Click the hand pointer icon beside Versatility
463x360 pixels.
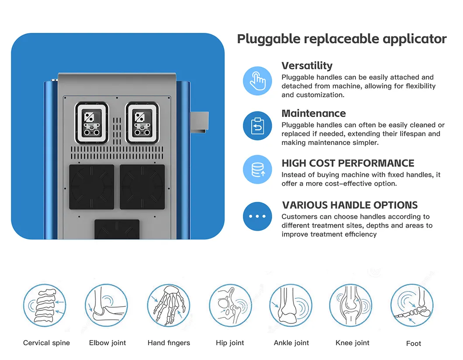click(x=257, y=81)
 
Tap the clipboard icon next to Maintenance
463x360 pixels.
click(x=257, y=125)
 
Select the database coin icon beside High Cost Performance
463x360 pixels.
click(x=257, y=170)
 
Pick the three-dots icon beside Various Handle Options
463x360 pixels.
click(x=257, y=216)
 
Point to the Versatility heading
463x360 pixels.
click(x=307, y=66)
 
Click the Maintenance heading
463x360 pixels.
click(x=314, y=114)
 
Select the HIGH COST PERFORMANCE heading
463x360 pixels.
click(x=348, y=163)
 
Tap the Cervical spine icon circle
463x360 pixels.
click(x=45, y=305)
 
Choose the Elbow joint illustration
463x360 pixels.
click(x=106, y=305)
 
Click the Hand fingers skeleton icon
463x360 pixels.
click(x=169, y=305)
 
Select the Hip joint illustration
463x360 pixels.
click(x=230, y=305)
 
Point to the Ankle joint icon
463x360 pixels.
click(x=291, y=305)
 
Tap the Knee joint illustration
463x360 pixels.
click(x=351, y=305)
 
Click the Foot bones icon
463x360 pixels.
click(x=412, y=305)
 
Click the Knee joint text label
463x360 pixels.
click(x=352, y=343)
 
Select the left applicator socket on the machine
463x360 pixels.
click(x=92, y=123)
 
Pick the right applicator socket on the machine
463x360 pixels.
click(x=142, y=123)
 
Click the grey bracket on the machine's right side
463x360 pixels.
click(x=199, y=122)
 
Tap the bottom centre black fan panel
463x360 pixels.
click(x=117, y=229)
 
